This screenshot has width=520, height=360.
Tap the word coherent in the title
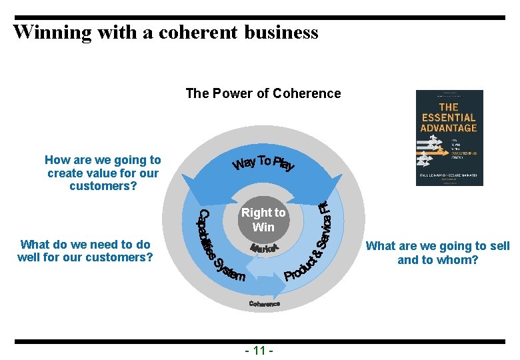(x=198, y=32)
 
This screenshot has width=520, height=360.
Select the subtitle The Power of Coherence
(x=263, y=93)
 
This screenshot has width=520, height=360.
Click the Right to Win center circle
(x=263, y=220)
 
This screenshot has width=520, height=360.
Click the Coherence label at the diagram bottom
(x=265, y=304)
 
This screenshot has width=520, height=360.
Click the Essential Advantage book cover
(x=449, y=137)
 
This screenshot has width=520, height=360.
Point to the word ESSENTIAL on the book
(x=449, y=117)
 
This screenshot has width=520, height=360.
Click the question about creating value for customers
(x=103, y=173)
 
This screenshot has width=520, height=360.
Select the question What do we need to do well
(x=85, y=251)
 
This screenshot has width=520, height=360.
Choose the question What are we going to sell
(x=437, y=253)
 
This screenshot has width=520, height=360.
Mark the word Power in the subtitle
(x=230, y=93)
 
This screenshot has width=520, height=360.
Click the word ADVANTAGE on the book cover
(x=449, y=127)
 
